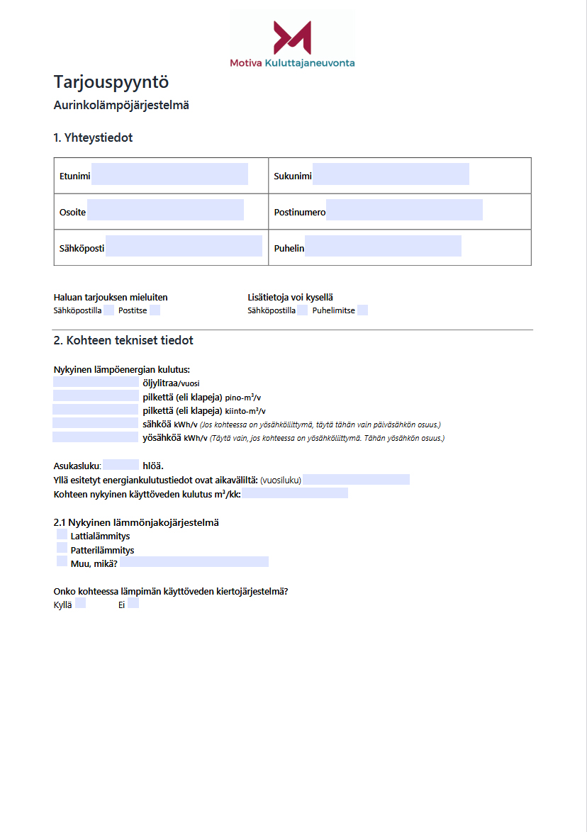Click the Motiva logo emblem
pos(292,38)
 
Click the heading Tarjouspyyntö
pos(111,82)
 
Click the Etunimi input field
pos(169,174)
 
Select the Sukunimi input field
pos(391,174)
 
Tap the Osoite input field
pos(165,210)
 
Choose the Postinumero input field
pos(404,210)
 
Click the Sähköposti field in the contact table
pos(184,246)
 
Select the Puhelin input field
pos(383,246)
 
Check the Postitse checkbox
pos(155,310)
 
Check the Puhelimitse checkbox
pos(362,310)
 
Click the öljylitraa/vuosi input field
pos(96,383)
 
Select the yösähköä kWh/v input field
pos(96,437)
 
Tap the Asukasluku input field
pos(121,466)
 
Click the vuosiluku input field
pos(356,480)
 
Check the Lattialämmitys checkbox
pos(62,535)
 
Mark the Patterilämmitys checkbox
pos(62,549)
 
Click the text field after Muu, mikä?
pos(194,562)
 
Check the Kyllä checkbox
pos(80,604)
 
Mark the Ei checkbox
pos(133,604)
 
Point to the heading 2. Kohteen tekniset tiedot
pos(123,341)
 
